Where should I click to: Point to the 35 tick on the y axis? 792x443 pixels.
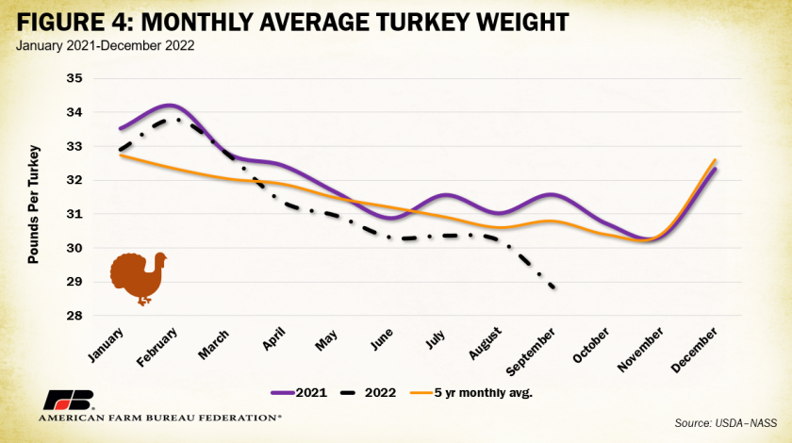(x=74, y=79)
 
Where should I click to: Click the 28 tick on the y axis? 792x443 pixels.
(x=74, y=316)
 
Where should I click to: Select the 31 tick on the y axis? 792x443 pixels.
(x=74, y=214)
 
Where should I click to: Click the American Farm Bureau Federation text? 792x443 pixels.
(x=159, y=416)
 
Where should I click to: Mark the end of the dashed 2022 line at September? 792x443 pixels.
(x=554, y=287)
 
